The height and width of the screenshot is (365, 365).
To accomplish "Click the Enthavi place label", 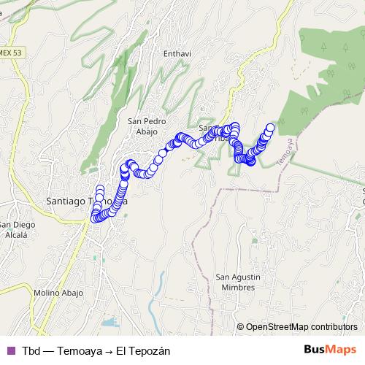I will [177, 53].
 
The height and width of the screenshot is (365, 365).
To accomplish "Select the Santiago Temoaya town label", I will [87, 199].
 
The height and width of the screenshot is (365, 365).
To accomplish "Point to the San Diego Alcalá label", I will [14, 229].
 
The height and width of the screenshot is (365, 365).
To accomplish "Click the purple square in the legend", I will [10, 350].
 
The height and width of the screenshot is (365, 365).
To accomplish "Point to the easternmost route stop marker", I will [270, 128].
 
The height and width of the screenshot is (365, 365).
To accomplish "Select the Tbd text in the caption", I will [31, 350].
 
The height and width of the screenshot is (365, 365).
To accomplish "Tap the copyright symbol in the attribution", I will [240, 327].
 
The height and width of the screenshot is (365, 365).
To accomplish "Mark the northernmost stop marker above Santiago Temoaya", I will [99, 190].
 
